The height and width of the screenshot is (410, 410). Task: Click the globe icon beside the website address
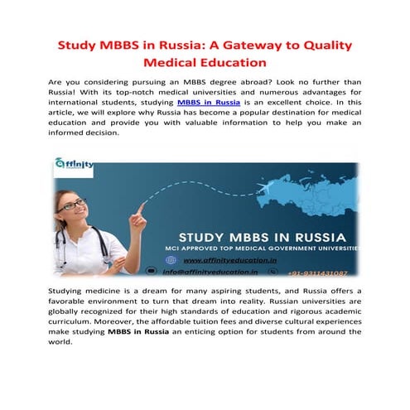pos(171,258)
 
